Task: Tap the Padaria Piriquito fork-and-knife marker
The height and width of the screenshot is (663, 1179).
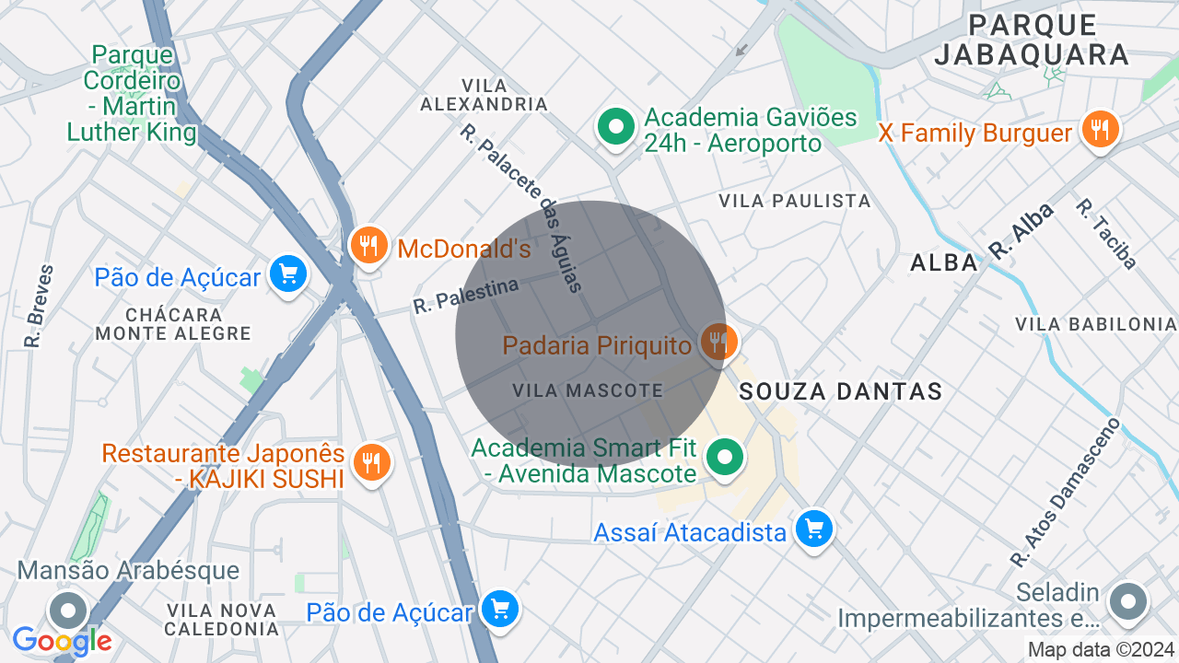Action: click(x=718, y=343)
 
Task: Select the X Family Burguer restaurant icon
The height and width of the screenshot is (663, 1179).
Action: click(x=1100, y=131)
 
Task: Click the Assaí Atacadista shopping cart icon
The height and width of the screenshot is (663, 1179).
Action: click(x=813, y=529)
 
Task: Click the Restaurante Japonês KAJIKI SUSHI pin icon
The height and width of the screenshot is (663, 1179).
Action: click(x=371, y=463)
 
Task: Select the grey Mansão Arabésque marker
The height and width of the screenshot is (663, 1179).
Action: click(x=67, y=611)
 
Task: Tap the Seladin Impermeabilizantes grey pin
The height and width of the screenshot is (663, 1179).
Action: click(x=1126, y=602)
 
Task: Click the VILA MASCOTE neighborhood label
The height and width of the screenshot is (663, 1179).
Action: click(x=588, y=390)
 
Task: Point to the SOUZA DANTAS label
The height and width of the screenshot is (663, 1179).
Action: click(x=841, y=391)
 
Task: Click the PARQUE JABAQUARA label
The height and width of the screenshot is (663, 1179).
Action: click(x=1032, y=40)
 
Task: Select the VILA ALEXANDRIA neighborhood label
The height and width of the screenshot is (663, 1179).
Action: click(x=484, y=94)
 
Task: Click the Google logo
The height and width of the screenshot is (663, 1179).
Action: click(x=62, y=641)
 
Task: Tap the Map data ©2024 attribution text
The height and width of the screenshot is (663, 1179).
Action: click(x=1102, y=650)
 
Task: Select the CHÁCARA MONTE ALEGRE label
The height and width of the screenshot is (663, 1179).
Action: click(x=173, y=323)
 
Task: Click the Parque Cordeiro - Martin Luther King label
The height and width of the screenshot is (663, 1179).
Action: click(x=132, y=93)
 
